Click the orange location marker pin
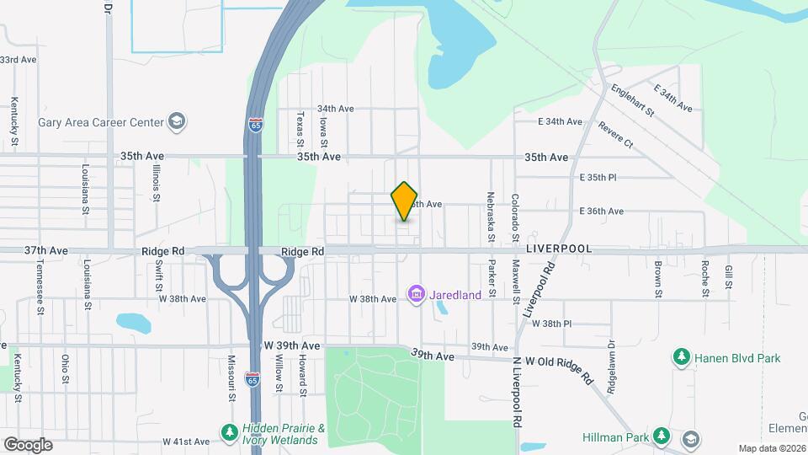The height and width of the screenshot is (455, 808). coord(405,201)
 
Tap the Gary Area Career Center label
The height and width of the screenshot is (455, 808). coord(101,122)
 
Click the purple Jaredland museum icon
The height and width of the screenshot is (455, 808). coord(416,295)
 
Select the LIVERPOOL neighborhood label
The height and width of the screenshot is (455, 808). coord(559,250)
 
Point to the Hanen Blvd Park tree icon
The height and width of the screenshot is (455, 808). coord(680,358)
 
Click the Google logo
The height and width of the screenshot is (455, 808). coord(28,444)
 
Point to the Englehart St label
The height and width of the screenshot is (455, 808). coord(632,100)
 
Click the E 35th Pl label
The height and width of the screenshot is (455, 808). coord(598,178)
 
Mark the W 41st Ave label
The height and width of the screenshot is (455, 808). coord(185,442)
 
